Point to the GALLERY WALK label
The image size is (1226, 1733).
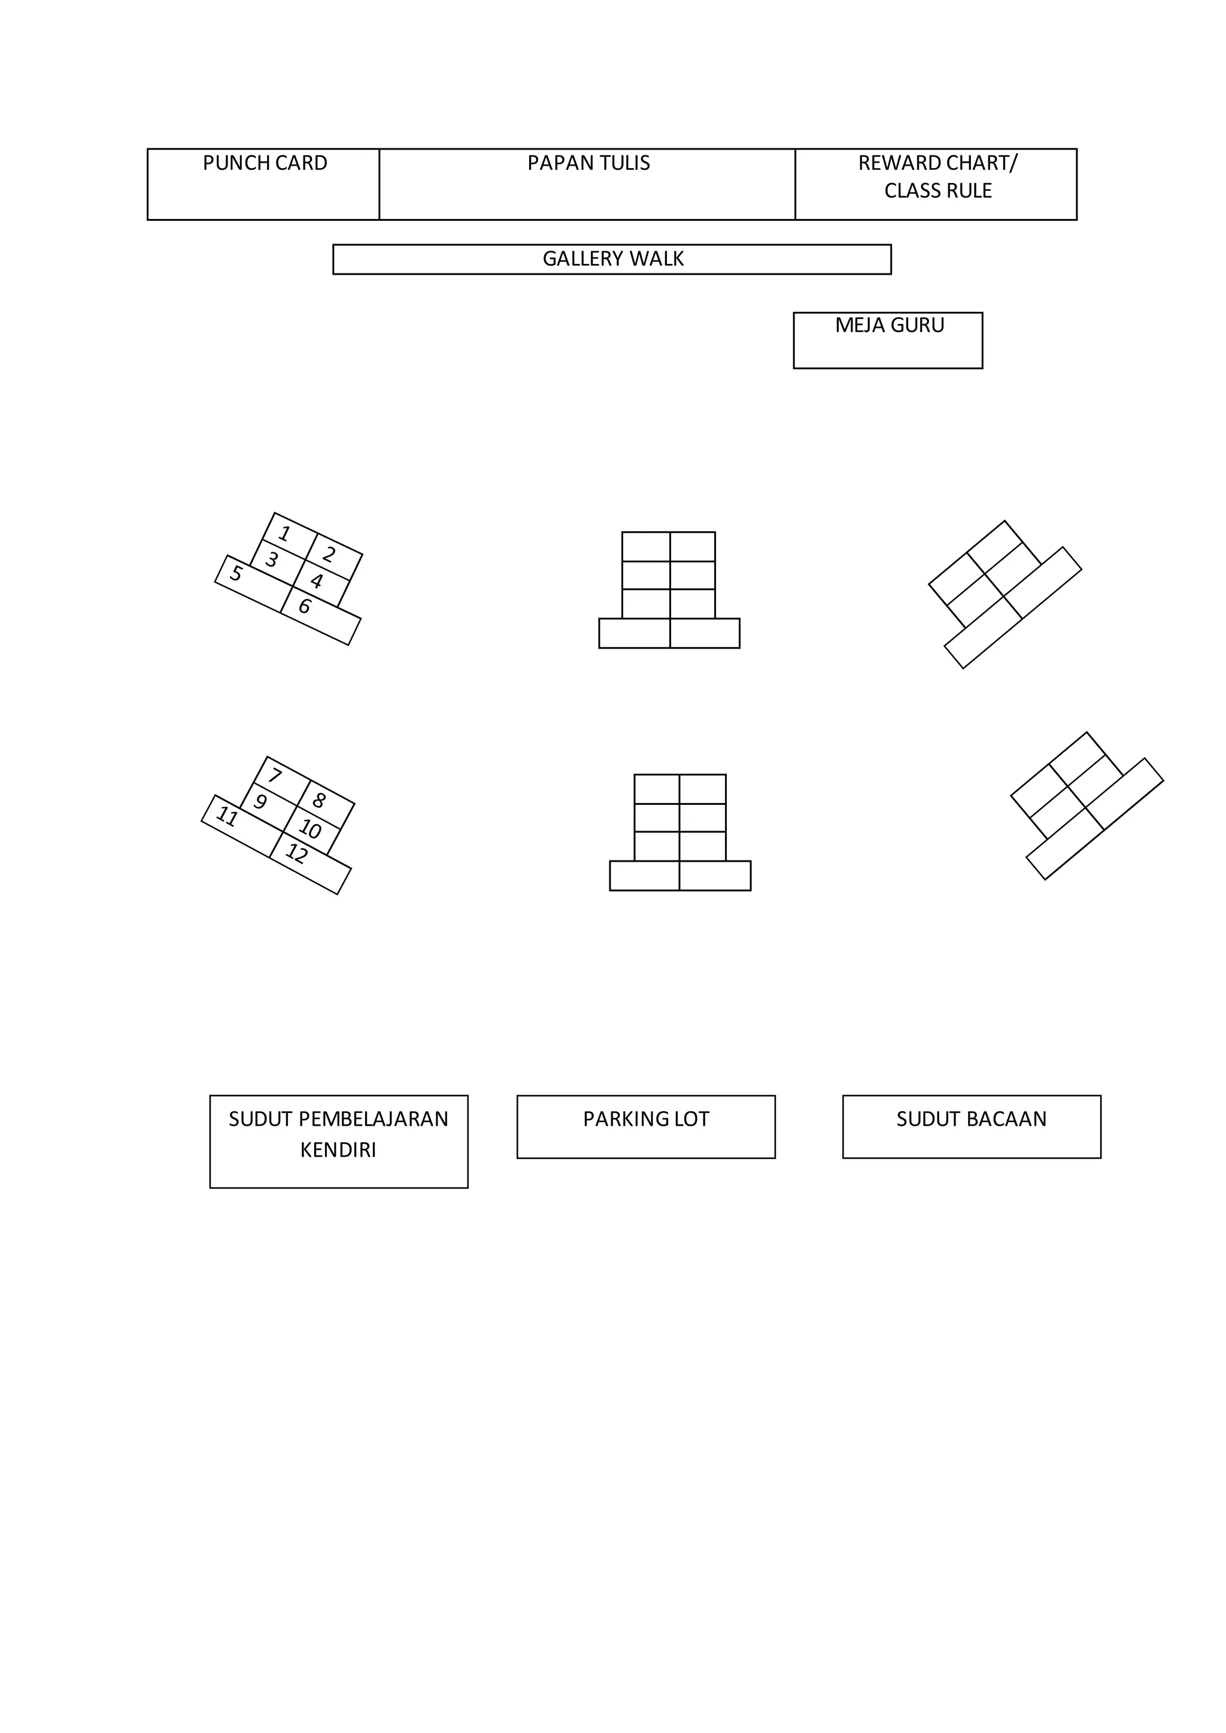point(612,259)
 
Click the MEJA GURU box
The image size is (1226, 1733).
point(888,340)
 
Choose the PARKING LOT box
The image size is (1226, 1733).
point(645,1126)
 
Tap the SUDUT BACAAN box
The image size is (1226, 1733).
point(971,1126)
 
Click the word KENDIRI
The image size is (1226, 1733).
point(338,1150)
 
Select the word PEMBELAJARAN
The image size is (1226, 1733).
point(374,1118)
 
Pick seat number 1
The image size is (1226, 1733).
point(284,534)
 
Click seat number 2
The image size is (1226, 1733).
point(329,555)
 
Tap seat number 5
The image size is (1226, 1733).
point(236,574)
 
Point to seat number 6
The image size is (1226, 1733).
point(304,606)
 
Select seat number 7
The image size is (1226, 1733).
point(275,775)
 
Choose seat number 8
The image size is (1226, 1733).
point(318,800)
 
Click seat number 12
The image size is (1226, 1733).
point(297,854)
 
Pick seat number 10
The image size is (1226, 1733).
point(309,829)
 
